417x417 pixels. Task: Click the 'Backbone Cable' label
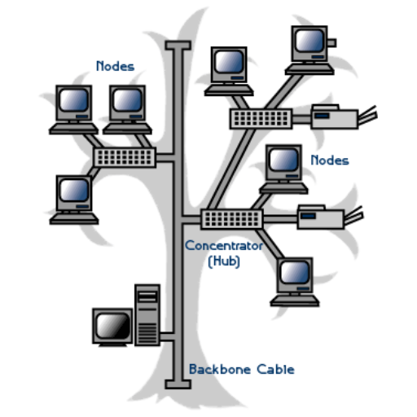click(242, 369)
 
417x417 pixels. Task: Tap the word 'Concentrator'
click(224, 246)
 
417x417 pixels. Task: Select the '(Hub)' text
click(224, 261)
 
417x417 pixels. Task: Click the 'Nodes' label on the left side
click(116, 66)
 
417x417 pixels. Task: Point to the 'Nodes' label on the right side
click(330, 160)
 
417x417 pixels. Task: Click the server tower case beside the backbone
click(147, 315)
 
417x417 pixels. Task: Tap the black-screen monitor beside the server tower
click(112, 327)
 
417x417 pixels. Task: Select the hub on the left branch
click(125, 157)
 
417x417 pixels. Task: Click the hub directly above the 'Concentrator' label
click(231, 219)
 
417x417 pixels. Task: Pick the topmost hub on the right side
click(261, 119)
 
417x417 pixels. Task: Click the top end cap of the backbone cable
click(178, 46)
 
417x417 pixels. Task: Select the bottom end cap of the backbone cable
click(178, 384)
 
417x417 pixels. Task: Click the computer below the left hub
click(74, 200)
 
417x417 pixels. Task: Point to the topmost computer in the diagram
click(309, 50)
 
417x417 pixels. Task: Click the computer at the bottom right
click(295, 282)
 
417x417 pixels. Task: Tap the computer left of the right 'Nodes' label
click(283, 169)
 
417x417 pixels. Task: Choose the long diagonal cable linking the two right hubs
click(231, 169)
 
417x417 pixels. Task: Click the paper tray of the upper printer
click(368, 115)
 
